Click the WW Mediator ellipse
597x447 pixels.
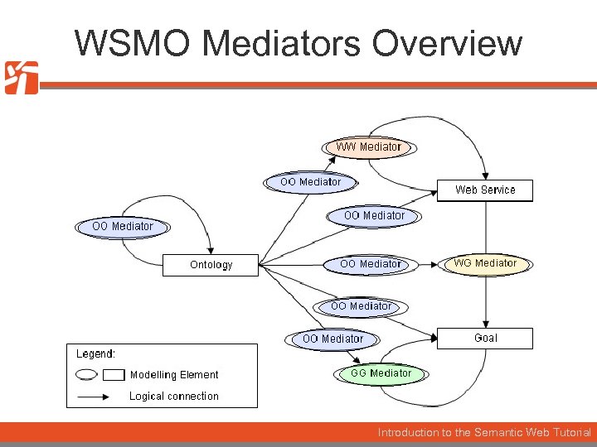(368, 147)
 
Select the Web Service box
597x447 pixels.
(485, 190)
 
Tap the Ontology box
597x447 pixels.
(211, 265)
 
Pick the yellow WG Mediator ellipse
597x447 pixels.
(485, 263)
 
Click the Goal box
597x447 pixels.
(485, 338)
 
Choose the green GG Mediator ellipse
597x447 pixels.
(381, 373)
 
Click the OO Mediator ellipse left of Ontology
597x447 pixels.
(123, 226)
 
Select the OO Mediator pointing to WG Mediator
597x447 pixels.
(371, 264)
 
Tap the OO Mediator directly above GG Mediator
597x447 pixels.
(332, 339)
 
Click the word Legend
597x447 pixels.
(95, 354)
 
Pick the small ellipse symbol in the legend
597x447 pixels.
(86, 375)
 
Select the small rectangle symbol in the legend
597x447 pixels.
(114, 375)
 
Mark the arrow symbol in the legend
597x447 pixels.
(93, 397)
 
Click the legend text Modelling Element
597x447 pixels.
(174, 375)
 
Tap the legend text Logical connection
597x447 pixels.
(174, 397)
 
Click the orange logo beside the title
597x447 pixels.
(22, 78)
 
